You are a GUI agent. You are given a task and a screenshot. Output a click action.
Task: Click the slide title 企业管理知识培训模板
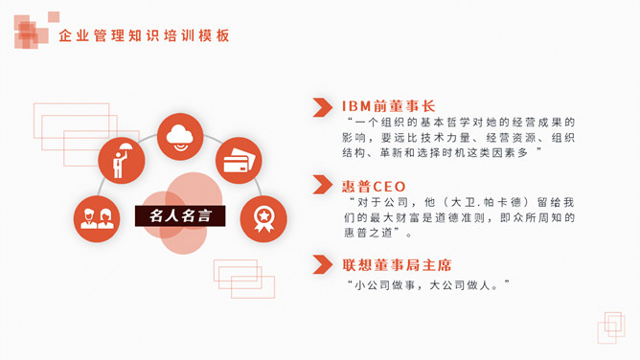coord(144,36)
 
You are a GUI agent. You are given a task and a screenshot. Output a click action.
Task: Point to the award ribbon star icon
coord(263,218)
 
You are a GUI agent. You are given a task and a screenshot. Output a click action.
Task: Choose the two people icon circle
coord(97,218)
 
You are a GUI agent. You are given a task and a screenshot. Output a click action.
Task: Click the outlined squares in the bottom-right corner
coord(610,326)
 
